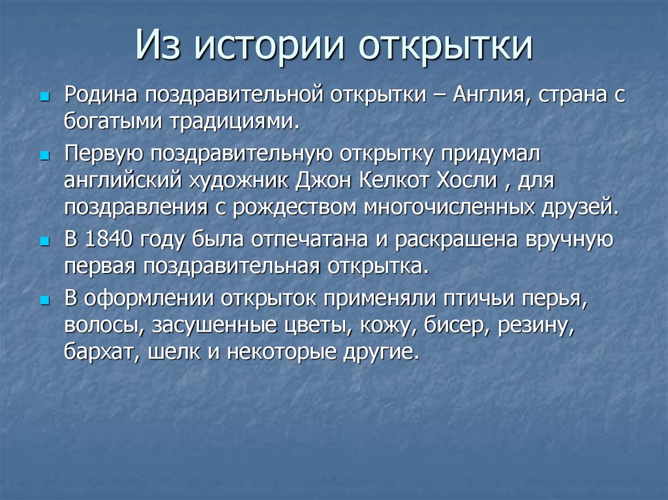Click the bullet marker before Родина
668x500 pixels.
coord(44,96)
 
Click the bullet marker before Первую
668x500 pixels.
coord(44,156)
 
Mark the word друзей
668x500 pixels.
coord(576,207)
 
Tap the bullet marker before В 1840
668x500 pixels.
coord(44,241)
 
